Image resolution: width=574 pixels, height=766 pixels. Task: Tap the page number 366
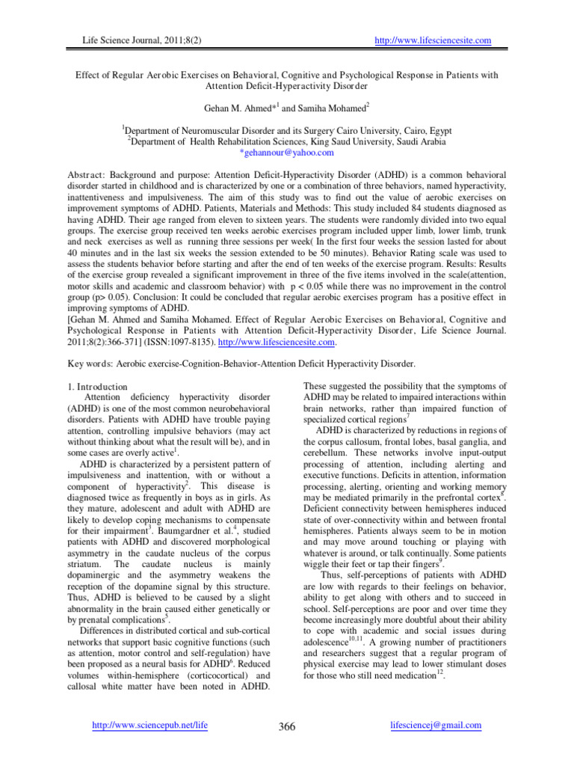[287, 727]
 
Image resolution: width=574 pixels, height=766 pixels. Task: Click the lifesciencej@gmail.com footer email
[436, 726]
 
